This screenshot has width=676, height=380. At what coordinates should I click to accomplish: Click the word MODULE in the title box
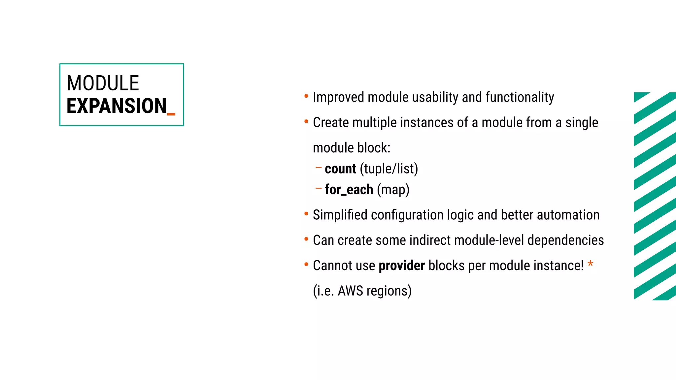(103, 83)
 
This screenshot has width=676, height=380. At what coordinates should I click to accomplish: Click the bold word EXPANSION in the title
(117, 106)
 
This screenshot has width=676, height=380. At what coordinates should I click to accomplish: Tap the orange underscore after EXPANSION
(171, 114)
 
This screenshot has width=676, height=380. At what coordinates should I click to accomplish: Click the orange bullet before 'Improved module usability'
(306, 96)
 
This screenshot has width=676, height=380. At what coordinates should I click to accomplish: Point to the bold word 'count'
(340, 169)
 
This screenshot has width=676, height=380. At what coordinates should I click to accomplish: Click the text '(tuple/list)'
(389, 169)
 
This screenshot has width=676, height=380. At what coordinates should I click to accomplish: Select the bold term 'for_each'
(349, 190)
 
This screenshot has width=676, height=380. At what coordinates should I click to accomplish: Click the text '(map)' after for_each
(393, 190)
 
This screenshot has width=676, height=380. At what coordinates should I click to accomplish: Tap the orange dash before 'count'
(318, 168)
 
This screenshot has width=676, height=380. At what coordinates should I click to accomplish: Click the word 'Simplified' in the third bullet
(340, 215)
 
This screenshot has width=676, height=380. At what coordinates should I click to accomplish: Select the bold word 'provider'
(402, 266)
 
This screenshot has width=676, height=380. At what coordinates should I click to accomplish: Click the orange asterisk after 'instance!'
(591, 264)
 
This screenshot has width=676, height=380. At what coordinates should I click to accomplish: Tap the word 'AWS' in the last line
(350, 291)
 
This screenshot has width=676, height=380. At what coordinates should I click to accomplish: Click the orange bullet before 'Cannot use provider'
(306, 265)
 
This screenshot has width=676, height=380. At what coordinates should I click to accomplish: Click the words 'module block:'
(352, 148)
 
